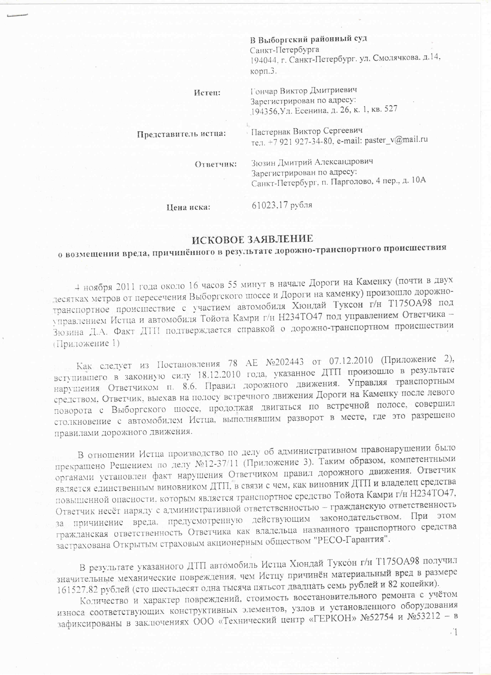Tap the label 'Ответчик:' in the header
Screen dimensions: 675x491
[216, 164]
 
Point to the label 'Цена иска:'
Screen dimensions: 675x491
[188, 207]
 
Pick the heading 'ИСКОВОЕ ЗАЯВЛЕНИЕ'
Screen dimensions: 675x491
[252, 239]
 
